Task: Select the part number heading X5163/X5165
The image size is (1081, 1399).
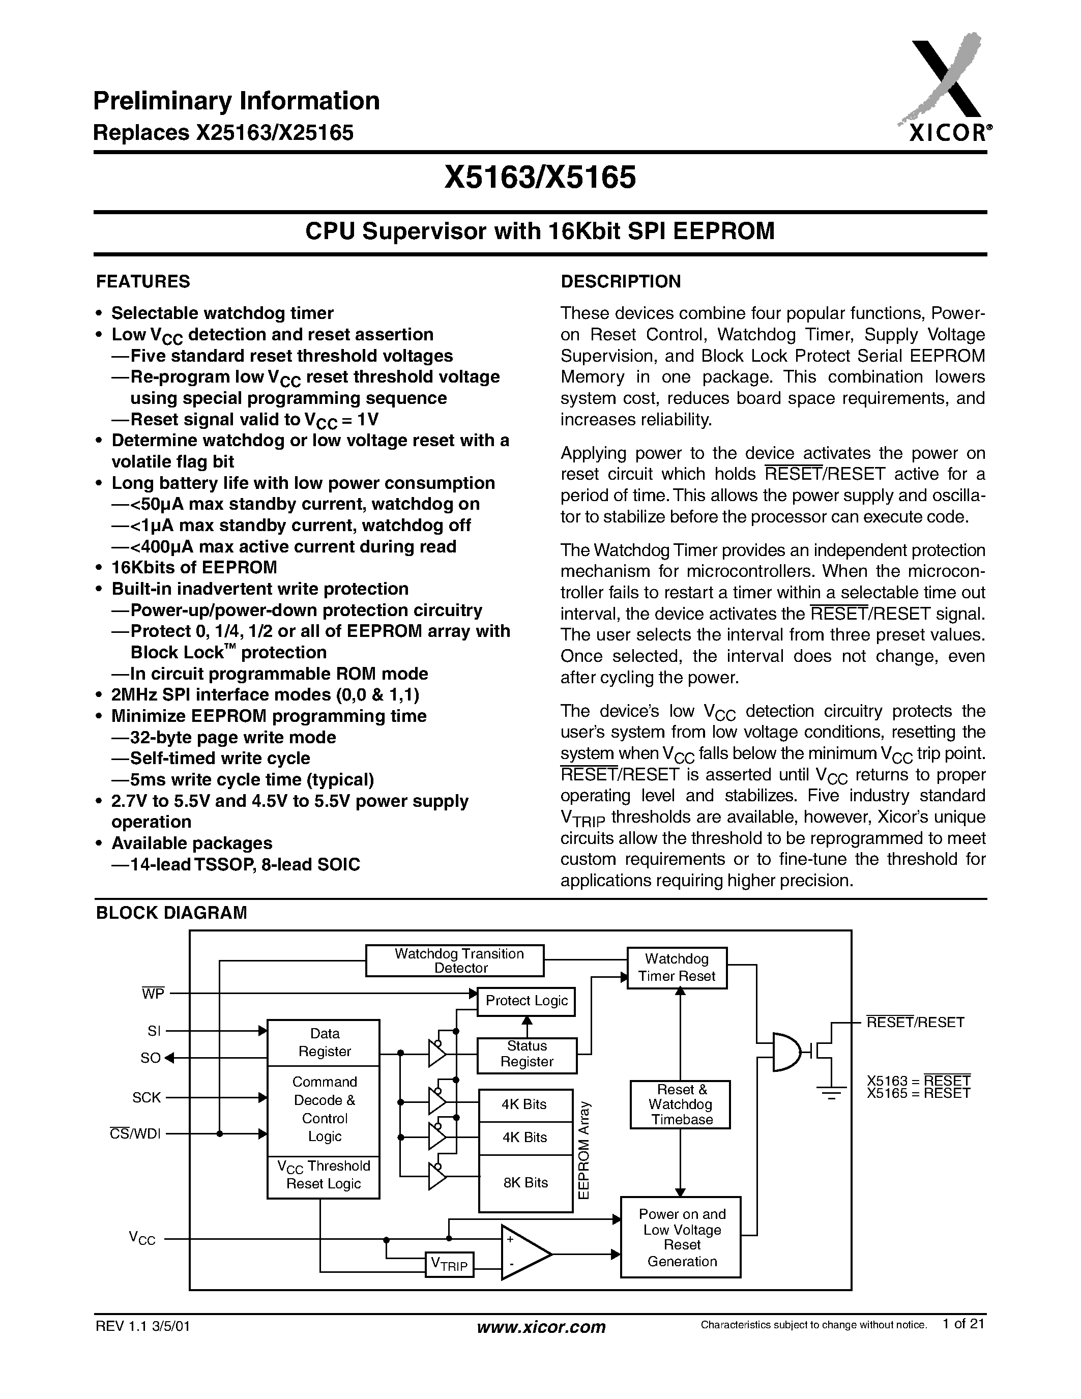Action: click(540, 178)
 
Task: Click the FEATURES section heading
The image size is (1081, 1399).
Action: click(143, 282)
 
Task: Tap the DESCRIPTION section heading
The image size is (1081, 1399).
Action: click(620, 282)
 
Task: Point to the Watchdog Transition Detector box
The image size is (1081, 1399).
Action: click(455, 961)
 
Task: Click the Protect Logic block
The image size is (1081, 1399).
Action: click(527, 1001)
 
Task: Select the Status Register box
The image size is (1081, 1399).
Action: click(527, 1054)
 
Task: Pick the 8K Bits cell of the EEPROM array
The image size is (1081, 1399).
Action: click(525, 1182)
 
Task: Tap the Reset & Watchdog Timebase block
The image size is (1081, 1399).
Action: click(680, 1104)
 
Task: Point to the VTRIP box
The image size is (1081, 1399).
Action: click(450, 1264)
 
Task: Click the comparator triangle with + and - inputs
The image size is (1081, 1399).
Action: click(522, 1253)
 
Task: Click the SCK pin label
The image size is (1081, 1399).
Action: click(147, 1097)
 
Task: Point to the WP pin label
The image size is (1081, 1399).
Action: click(153, 994)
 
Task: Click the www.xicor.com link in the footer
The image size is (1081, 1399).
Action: click(541, 1327)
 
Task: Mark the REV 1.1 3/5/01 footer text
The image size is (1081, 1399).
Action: click(143, 1326)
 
